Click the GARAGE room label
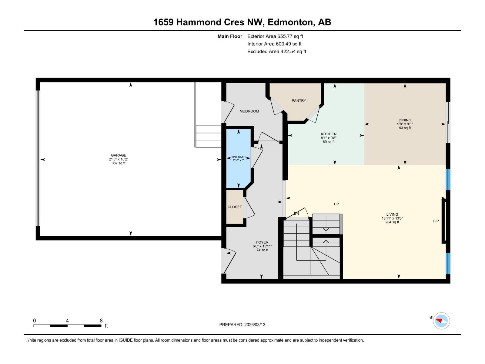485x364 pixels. pos(118,155)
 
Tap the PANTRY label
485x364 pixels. pos(299,101)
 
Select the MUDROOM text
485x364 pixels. pos(249,111)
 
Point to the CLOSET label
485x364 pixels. pos(235,207)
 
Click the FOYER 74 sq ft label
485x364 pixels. pos(262,250)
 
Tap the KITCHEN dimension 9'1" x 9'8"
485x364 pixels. pos(329,138)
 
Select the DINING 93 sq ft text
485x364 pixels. pos(405,128)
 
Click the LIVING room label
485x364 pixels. pos(392,214)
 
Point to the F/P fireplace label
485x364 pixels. pos(436,221)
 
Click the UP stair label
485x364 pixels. pos(336,204)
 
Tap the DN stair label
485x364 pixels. pos(296,214)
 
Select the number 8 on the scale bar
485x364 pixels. pos(101,321)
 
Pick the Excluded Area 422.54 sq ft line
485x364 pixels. pos(276,52)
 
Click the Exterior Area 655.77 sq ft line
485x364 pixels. pos(275,36)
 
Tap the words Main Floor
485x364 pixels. pos(230,36)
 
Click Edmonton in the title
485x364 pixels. pos(290,22)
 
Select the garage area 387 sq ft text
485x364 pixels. pos(118,163)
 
